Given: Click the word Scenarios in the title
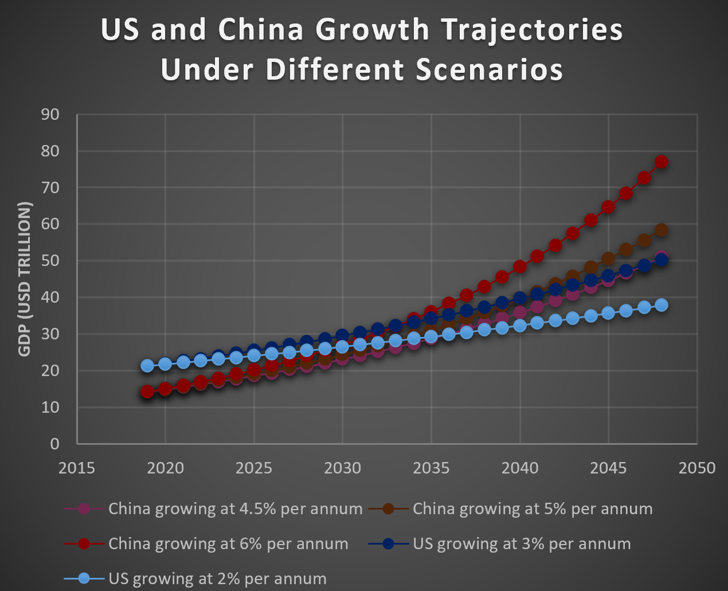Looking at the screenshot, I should click(489, 70).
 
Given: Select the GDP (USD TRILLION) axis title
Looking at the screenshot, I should click(24, 279).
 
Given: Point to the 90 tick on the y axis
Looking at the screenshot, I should click(50, 115).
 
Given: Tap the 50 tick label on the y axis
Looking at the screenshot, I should click(50, 261).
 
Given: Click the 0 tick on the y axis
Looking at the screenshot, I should click(55, 444).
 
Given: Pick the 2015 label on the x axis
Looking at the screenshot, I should click(77, 468).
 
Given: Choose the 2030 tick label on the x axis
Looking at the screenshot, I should click(342, 468).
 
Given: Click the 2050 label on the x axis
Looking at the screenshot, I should click(697, 468).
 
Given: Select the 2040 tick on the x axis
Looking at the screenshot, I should click(520, 468).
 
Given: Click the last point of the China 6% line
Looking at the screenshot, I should click(662, 162).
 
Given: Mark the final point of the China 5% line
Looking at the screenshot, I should click(662, 230).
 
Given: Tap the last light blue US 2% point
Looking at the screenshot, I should click(662, 305).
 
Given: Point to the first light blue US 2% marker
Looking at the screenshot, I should click(147, 366).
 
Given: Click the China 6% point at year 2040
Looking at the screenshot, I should click(520, 267).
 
